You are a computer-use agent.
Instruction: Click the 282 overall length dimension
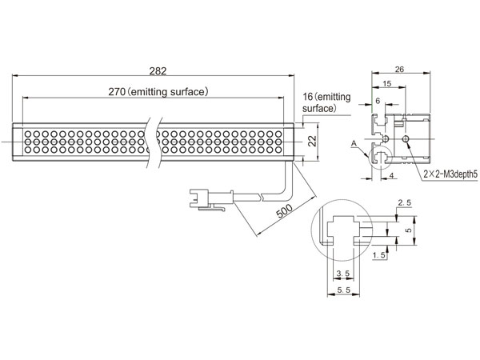(x=158, y=71)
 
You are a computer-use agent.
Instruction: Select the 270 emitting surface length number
(x=117, y=92)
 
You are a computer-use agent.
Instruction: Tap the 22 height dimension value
(x=312, y=142)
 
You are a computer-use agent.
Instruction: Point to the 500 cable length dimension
(x=284, y=210)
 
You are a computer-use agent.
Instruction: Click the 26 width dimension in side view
(x=399, y=69)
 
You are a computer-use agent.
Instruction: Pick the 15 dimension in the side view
(x=387, y=83)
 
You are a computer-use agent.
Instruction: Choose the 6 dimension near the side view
(x=378, y=101)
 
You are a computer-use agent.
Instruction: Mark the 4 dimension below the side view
(x=391, y=175)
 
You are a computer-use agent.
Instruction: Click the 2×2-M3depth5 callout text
(x=450, y=174)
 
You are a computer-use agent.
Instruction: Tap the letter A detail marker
(x=354, y=143)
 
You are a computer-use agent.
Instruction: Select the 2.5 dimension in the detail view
(x=404, y=202)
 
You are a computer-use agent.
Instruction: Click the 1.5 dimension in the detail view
(x=379, y=255)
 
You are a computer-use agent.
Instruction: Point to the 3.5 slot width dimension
(x=343, y=274)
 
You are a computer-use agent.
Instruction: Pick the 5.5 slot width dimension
(x=343, y=290)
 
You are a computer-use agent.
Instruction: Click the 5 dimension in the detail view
(x=409, y=230)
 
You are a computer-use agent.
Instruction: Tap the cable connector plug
(x=211, y=199)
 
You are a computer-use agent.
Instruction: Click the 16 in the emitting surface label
(x=308, y=97)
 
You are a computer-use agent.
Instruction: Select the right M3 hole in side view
(x=406, y=139)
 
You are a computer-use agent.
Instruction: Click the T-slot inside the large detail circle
(x=342, y=230)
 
